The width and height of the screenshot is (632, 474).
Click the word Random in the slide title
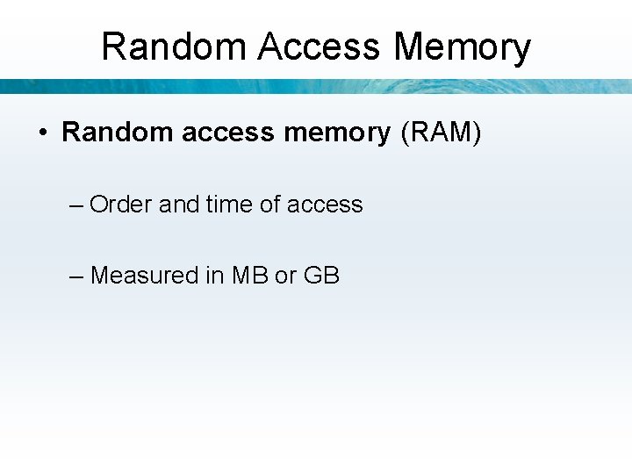[x=174, y=47]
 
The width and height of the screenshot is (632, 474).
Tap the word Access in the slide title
[x=320, y=47]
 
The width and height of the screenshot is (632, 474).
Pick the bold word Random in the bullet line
[x=117, y=133]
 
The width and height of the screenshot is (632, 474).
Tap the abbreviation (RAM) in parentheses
[x=440, y=133]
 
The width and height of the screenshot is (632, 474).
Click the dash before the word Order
[x=75, y=205]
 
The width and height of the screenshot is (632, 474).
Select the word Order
[x=121, y=205]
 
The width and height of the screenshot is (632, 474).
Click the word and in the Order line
[x=179, y=205]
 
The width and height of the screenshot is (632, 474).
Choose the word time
[x=229, y=205]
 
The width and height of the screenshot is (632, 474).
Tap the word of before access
[x=270, y=205]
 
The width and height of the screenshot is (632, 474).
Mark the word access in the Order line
[x=325, y=205]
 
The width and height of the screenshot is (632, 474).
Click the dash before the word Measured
[x=75, y=276]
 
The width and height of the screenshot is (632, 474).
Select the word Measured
[x=145, y=276]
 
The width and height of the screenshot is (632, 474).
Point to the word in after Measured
[x=215, y=276]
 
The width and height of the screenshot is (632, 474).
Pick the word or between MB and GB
[x=286, y=276]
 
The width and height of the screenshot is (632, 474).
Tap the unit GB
[x=321, y=276]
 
